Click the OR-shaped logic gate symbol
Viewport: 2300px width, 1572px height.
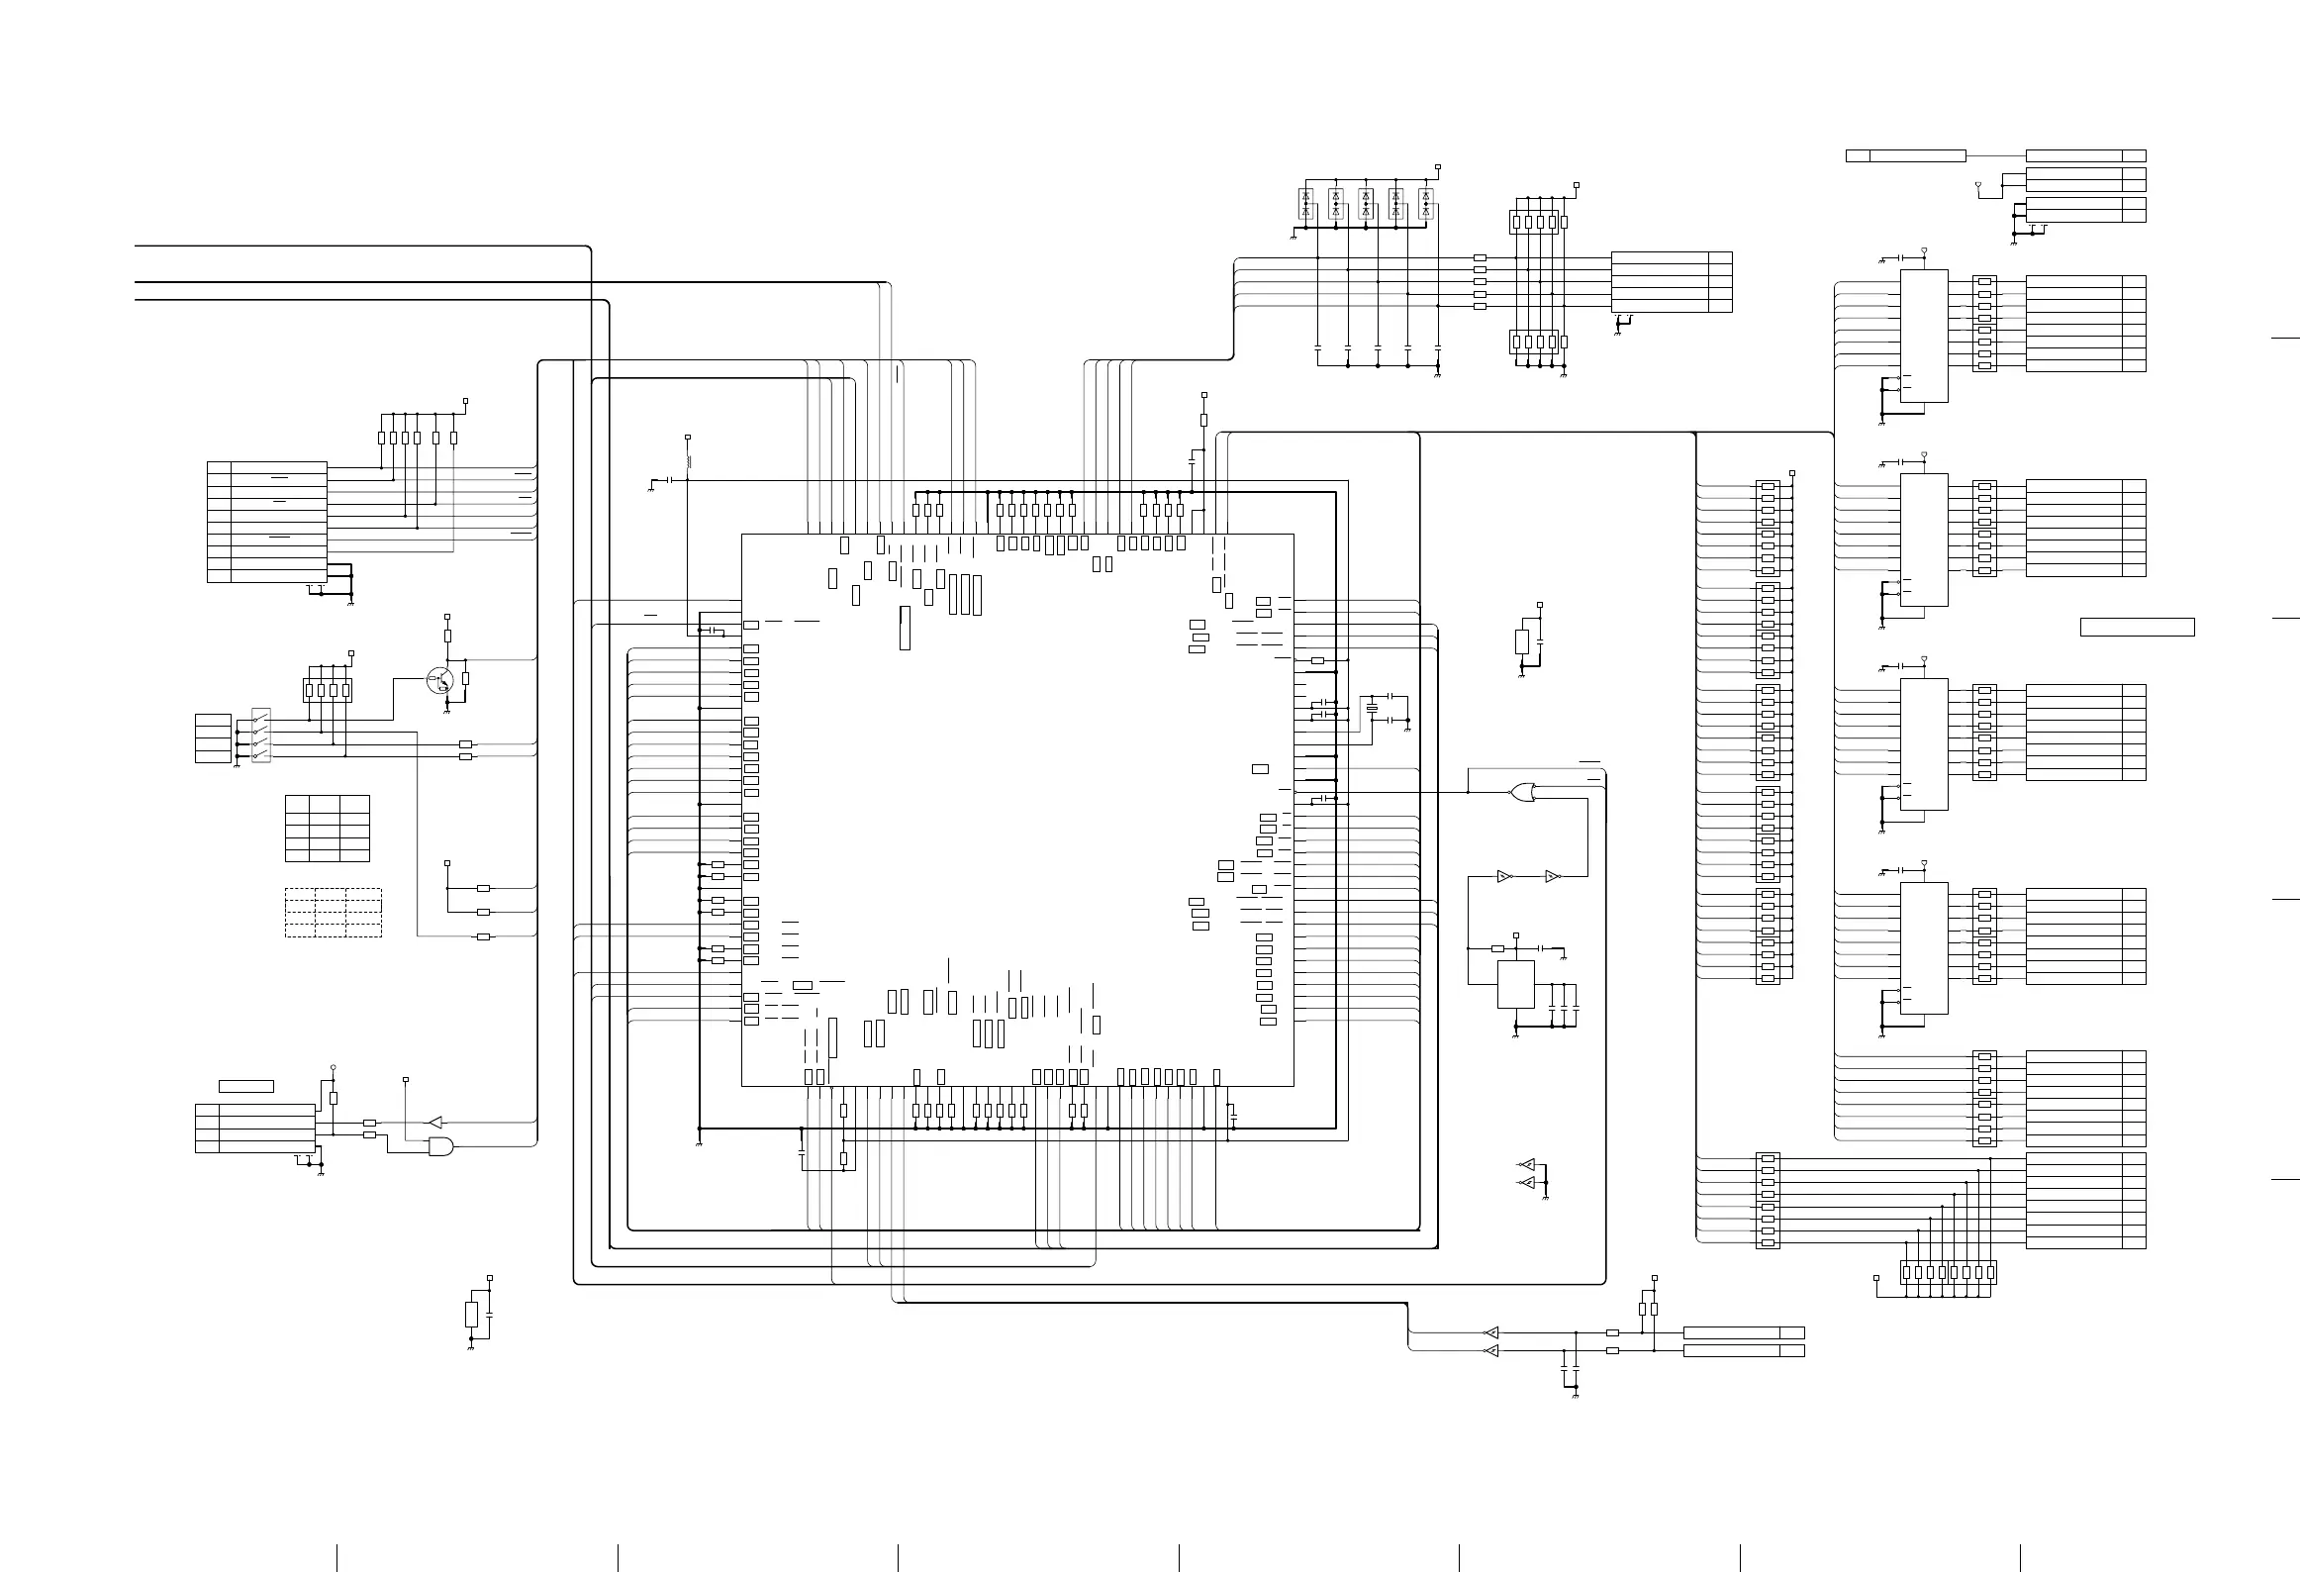[1523, 792]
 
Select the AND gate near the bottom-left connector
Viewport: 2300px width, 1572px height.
[441, 1146]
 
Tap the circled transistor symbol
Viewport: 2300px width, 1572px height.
[440, 680]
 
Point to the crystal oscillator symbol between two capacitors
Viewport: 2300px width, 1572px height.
[1372, 709]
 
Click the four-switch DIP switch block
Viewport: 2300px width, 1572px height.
[260, 735]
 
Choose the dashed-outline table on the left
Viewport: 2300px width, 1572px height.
[334, 913]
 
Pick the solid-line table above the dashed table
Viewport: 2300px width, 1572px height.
[328, 828]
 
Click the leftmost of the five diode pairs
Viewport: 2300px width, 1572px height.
[1305, 204]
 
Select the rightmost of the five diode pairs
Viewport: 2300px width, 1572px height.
[1426, 204]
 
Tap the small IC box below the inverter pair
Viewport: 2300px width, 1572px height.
[1515, 984]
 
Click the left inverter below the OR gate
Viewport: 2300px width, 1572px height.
[1504, 877]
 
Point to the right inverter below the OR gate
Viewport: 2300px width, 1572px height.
[1552, 877]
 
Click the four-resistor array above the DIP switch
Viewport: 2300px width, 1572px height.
[328, 690]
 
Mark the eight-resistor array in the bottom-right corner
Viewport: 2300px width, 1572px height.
[1949, 1272]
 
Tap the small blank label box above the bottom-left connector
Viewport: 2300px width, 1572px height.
[246, 1087]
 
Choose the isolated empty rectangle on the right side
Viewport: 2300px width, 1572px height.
[2138, 627]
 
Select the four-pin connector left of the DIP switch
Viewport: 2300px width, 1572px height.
[213, 738]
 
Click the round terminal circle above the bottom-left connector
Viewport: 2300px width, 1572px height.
[334, 1067]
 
